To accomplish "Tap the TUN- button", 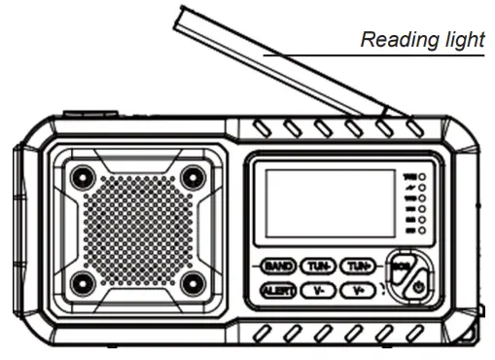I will pyautogui.click(x=318, y=266).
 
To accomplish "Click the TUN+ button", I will pyautogui.click(x=360, y=266).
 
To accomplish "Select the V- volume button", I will pyautogui.click(x=318, y=290).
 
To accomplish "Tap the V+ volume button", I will pyautogui.click(x=360, y=290).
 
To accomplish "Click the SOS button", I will pyautogui.click(x=400, y=264).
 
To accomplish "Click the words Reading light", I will pyautogui.click(x=421, y=40).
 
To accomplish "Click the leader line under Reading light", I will pyautogui.click(x=370, y=55).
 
